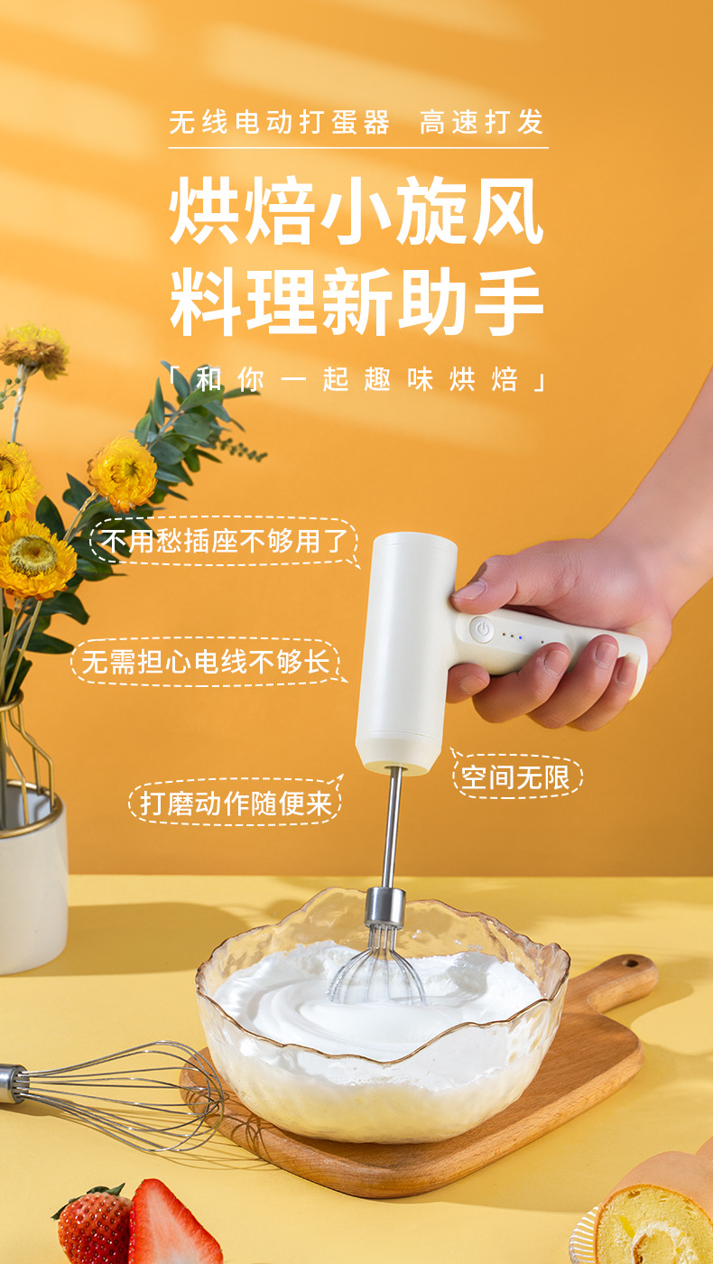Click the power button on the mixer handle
(x=482, y=629)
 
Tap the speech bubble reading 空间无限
(x=517, y=777)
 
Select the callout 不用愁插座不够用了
(x=224, y=542)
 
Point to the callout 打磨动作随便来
(x=236, y=803)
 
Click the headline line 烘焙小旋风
(x=356, y=213)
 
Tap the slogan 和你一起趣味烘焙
(x=356, y=380)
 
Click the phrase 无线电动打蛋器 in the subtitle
(x=280, y=123)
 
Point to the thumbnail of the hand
(x=470, y=590)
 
